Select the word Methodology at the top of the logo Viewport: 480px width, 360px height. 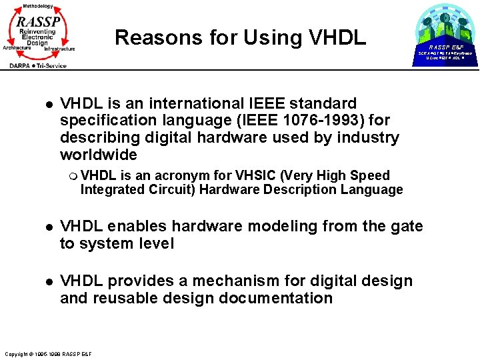click(x=38, y=6)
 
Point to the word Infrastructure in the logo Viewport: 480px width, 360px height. click(x=59, y=49)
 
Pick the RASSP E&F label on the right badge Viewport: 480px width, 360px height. click(x=445, y=47)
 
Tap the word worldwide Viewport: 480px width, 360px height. click(x=98, y=155)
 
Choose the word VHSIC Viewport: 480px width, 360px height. click(x=256, y=176)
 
